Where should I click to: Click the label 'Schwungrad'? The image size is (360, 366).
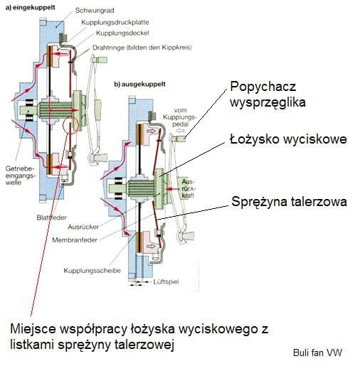95,11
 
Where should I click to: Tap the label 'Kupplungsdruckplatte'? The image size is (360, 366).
115,23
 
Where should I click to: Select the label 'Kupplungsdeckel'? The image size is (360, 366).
122,33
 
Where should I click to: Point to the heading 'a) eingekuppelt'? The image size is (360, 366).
31,8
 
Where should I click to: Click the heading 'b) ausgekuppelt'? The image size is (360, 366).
140,85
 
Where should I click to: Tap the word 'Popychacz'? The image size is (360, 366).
263,87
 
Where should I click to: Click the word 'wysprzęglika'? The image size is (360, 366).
268,103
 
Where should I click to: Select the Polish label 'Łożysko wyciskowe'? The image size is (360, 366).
288,139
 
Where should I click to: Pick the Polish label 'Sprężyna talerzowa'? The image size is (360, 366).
289,202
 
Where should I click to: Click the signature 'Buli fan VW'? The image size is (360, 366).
317,352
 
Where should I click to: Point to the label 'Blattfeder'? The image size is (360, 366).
51,217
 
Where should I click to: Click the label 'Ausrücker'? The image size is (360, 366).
83,227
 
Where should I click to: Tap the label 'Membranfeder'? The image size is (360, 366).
75,240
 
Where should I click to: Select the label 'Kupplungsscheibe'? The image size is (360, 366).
92,271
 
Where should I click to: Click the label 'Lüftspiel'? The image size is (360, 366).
166,282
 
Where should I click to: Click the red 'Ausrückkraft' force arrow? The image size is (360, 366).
173,189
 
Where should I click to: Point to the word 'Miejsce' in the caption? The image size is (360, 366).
33,329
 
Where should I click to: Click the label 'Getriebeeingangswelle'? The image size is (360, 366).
20,176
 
